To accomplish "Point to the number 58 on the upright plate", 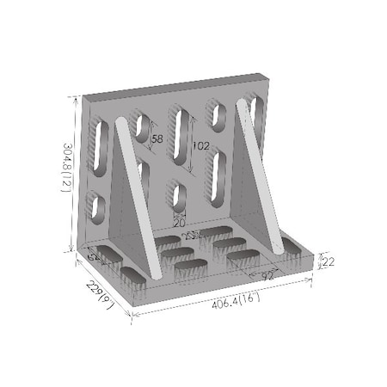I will tap(157, 139).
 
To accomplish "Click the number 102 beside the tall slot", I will tap(200, 145).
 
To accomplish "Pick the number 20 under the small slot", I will tap(179, 222).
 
